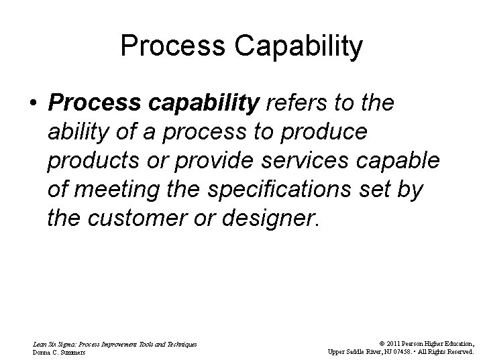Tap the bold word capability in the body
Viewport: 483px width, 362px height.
[x=205, y=104]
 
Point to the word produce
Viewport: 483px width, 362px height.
[x=327, y=133]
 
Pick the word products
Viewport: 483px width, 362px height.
[x=95, y=162]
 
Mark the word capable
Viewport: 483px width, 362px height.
[x=407, y=162]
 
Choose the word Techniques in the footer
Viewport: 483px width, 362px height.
[x=179, y=343]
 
